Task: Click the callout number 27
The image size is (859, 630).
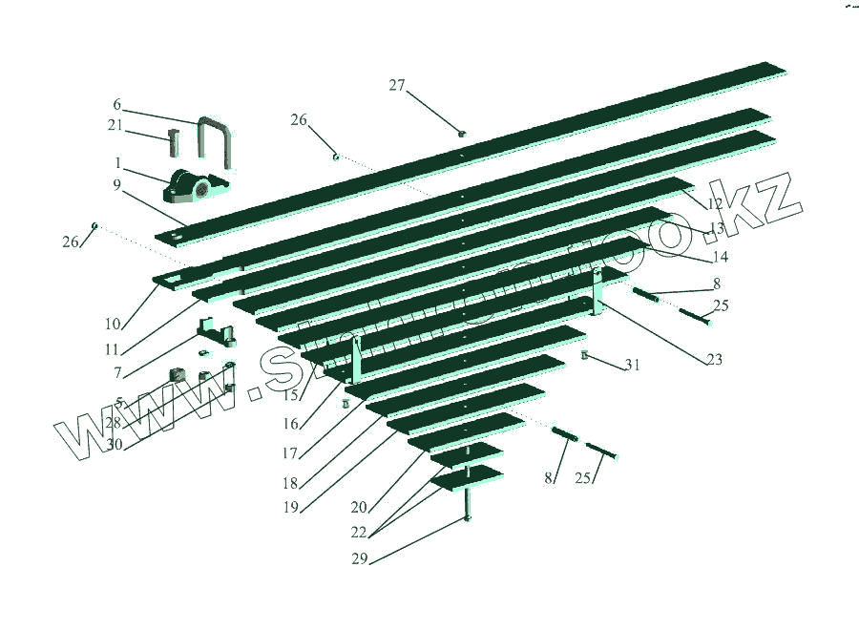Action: [x=397, y=85]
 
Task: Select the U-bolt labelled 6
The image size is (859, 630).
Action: [x=216, y=137]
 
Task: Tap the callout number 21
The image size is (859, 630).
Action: [x=115, y=126]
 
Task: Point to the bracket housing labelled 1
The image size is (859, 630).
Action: [x=196, y=185]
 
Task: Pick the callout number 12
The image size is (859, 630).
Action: [x=715, y=204]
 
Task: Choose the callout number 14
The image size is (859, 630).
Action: [x=720, y=257]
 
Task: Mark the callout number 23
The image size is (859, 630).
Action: [x=714, y=360]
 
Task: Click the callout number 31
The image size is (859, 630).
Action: [x=633, y=365]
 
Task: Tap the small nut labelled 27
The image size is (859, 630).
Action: [x=462, y=134]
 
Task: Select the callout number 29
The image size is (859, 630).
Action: [x=359, y=558]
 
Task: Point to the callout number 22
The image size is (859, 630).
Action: [x=359, y=531]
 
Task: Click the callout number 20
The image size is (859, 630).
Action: [x=359, y=506]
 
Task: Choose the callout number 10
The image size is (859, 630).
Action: [x=113, y=325]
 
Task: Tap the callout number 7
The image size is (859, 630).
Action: [x=116, y=373]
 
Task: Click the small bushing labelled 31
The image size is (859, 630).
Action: [x=585, y=356]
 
